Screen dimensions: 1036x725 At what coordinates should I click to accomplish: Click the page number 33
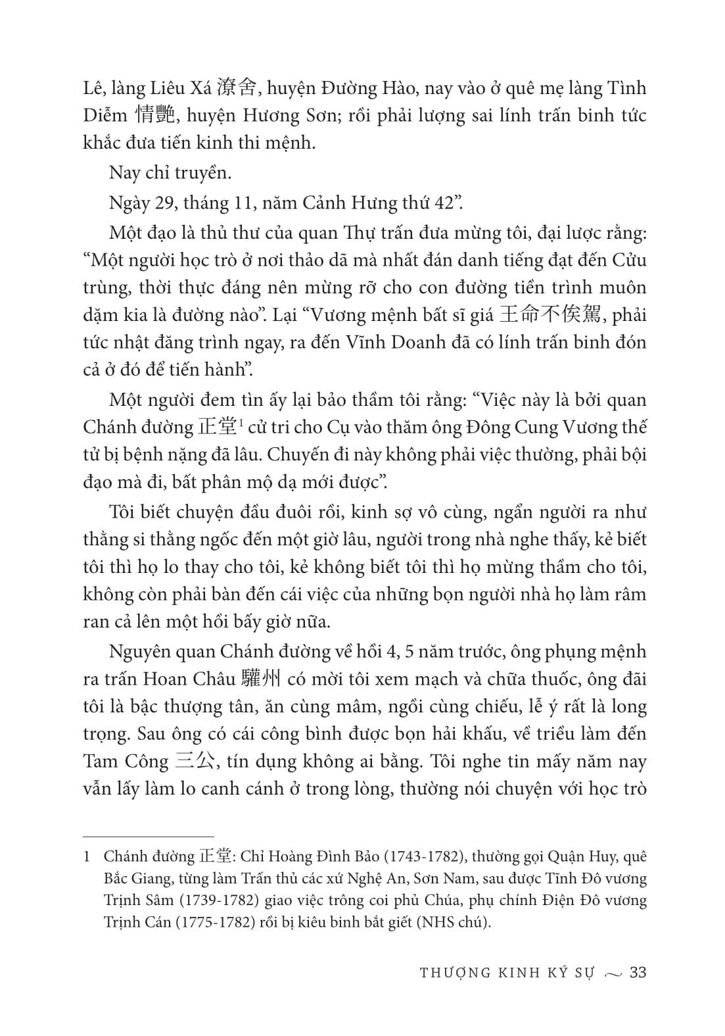[x=638, y=972]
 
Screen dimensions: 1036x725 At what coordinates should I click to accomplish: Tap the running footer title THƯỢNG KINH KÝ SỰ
[x=507, y=973]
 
